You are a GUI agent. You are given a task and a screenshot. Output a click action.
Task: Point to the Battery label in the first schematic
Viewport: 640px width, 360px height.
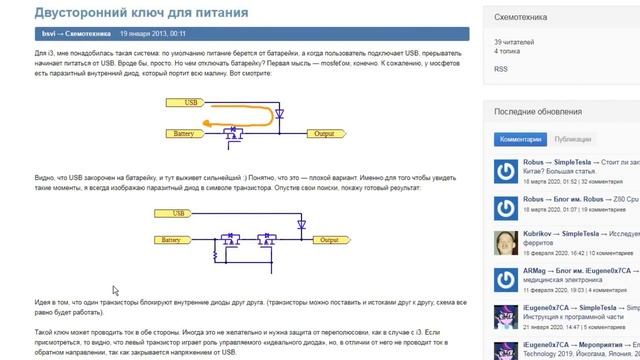182,133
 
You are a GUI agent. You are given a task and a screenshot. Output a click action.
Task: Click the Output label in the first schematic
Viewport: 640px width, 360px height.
324,133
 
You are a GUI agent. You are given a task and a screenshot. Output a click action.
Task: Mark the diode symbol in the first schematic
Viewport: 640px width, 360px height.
279,114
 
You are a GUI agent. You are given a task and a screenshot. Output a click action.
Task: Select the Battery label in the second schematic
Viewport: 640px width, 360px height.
171,240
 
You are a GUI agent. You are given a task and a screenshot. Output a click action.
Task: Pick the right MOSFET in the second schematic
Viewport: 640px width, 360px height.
267,240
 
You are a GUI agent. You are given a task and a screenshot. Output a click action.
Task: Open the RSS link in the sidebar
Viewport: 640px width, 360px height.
500,69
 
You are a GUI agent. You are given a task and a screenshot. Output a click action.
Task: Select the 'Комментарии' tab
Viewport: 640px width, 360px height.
520,139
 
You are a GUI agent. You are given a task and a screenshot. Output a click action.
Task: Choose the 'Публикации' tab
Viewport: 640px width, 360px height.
573,139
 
